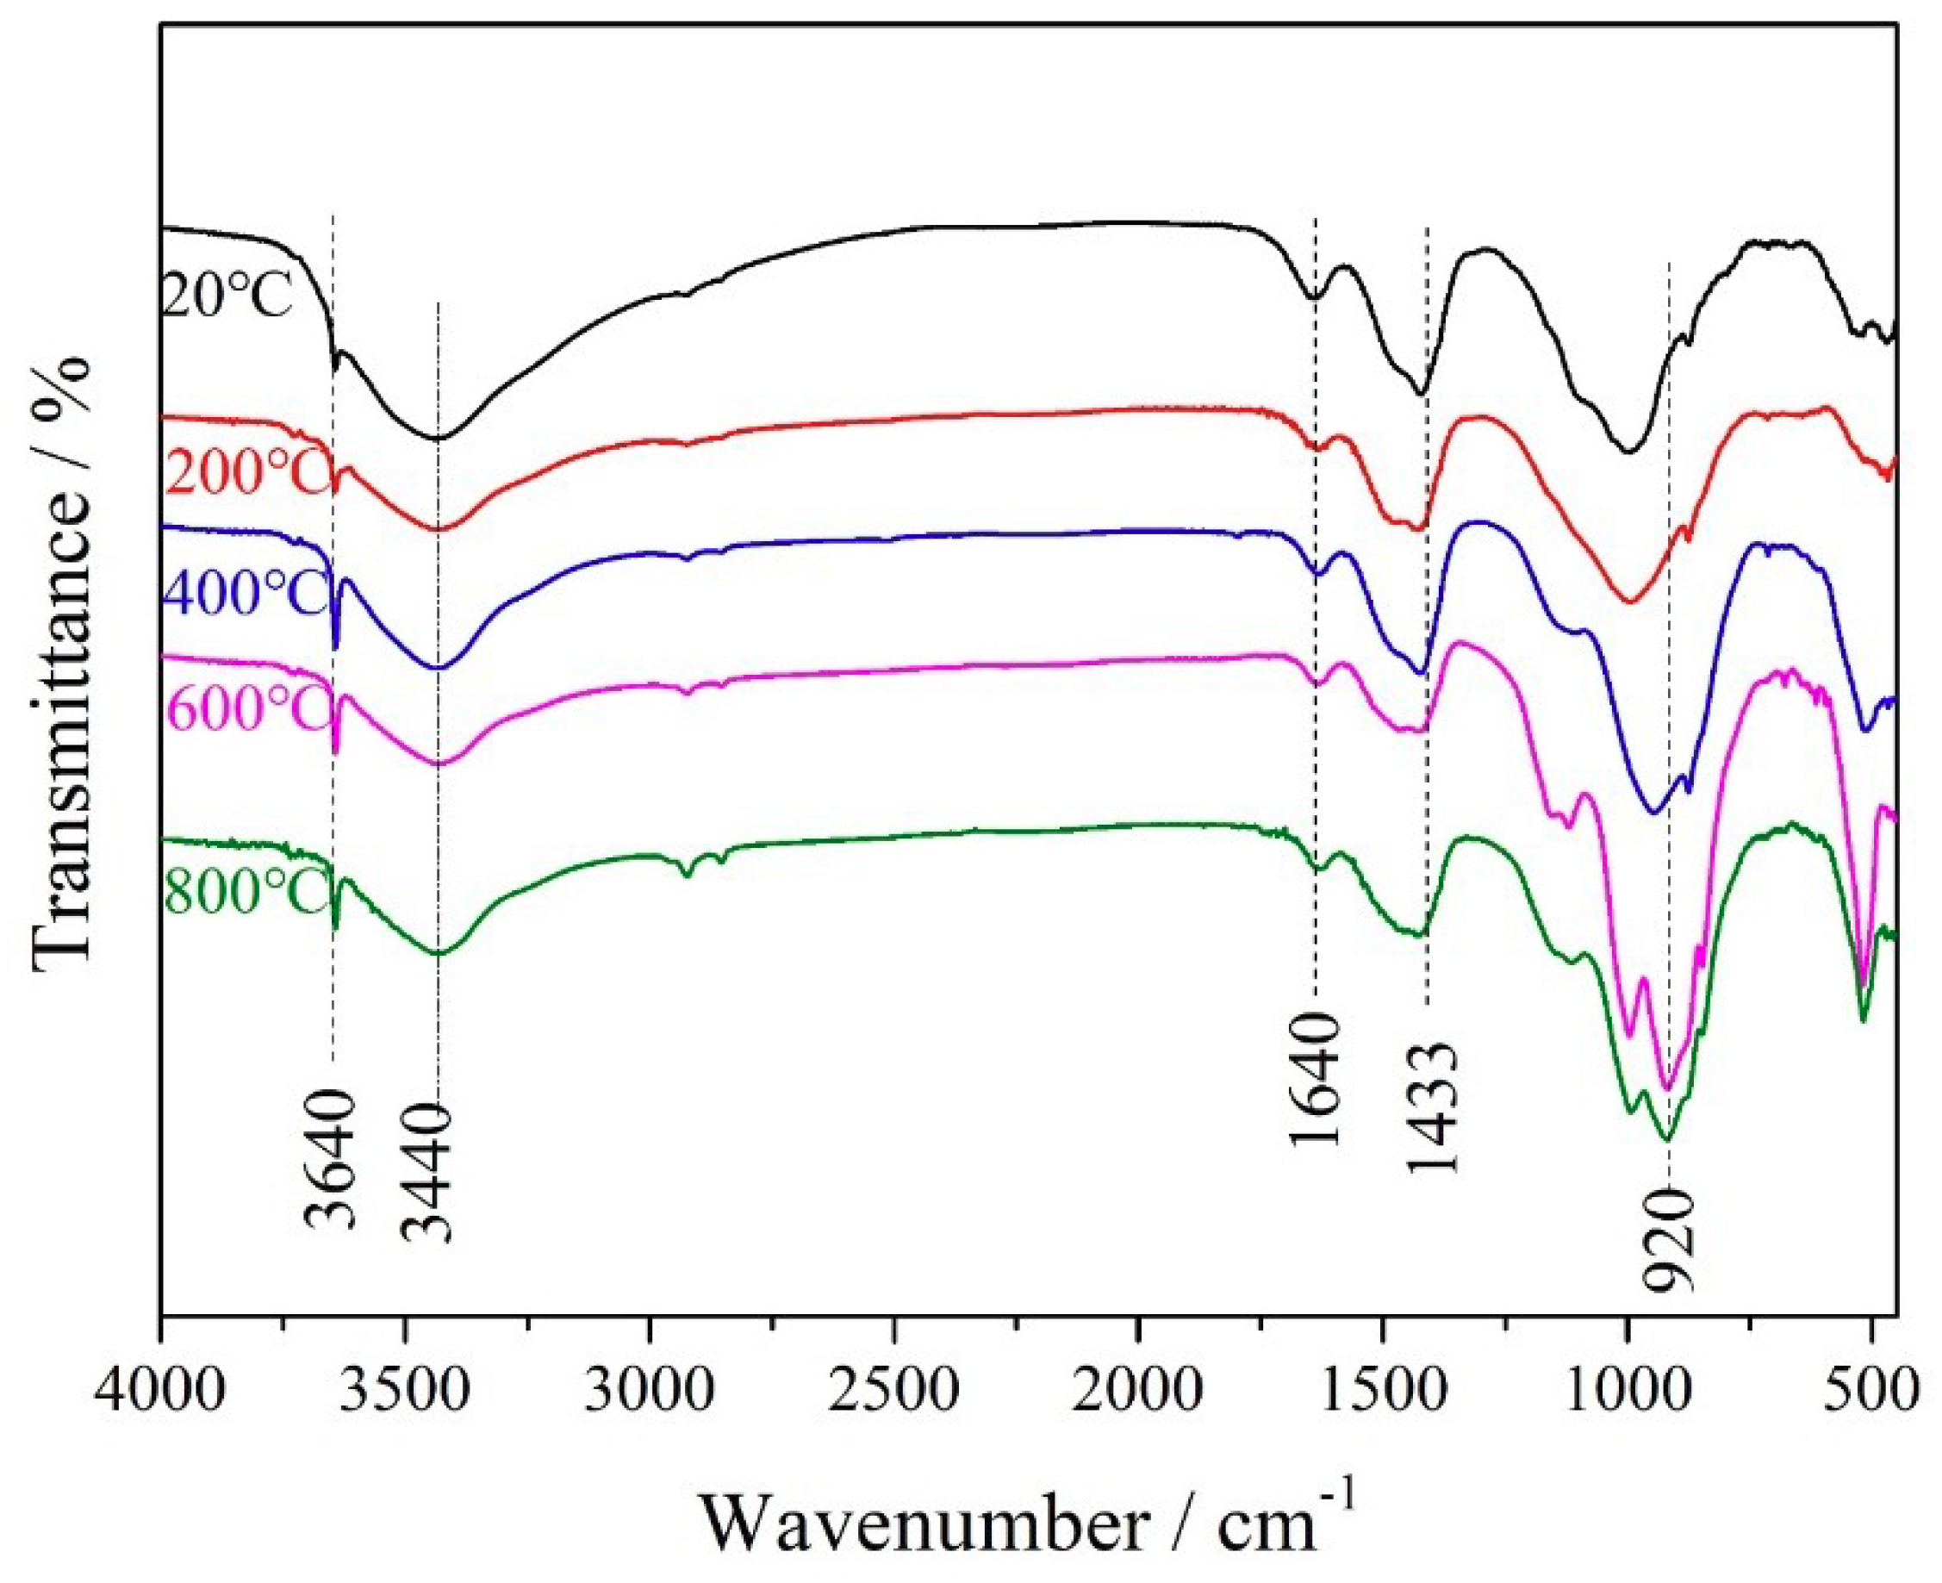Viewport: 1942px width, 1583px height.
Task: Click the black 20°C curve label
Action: [x=228, y=296]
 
